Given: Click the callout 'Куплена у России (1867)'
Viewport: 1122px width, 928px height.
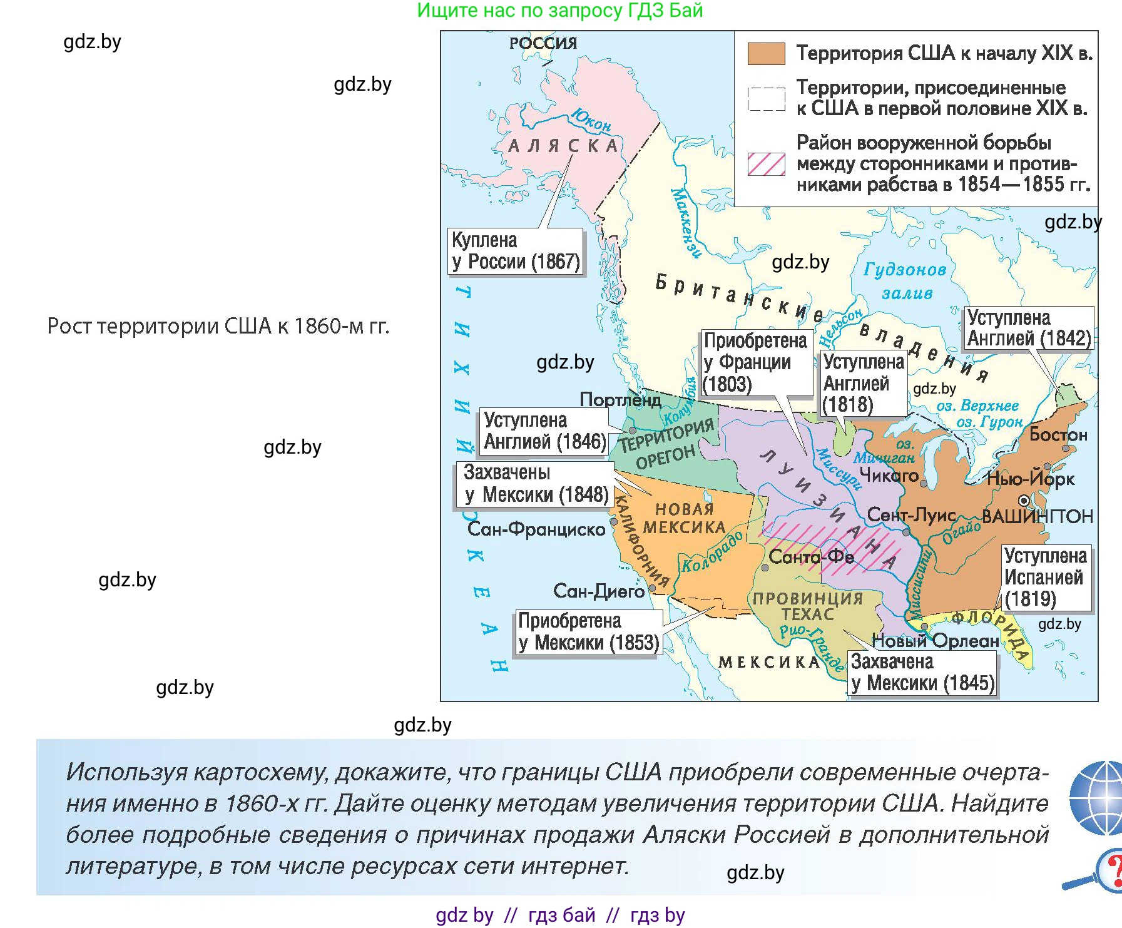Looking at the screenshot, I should point(516,251).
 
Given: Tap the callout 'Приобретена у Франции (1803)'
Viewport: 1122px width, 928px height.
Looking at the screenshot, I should point(756,362).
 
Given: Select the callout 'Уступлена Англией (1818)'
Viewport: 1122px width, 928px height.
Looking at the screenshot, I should point(863,383).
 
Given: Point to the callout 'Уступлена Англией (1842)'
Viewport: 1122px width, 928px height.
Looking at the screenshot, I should point(1029,328).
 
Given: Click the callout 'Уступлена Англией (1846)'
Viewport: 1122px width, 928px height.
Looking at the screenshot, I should point(544,431).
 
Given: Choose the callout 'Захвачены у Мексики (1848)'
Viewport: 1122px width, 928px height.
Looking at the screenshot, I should point(535,484).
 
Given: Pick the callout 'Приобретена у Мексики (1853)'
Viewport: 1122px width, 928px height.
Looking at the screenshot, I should point(588,632).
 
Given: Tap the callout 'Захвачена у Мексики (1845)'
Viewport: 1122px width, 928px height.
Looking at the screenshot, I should point(922,673).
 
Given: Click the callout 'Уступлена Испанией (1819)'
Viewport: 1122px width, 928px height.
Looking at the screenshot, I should point(1046,577).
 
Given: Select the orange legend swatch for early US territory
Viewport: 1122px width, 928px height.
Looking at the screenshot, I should point(766,54).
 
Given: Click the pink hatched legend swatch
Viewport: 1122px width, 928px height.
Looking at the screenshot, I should point(766,164).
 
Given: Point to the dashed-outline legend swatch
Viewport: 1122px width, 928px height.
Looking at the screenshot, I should point(766,99).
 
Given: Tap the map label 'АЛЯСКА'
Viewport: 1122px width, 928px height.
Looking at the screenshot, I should point(563,146).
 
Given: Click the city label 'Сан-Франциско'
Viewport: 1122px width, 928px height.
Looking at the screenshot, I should point(536,529).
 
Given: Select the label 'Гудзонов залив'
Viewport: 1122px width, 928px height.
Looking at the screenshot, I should point(905,281).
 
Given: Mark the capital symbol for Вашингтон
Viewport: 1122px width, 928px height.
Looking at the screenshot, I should point(1023,500).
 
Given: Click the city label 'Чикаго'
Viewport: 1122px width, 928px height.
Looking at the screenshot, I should point(889,476).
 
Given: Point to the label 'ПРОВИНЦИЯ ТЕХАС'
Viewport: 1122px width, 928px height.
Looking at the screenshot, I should point(807,606).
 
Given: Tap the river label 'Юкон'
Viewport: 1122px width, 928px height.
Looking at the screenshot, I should point(591,120).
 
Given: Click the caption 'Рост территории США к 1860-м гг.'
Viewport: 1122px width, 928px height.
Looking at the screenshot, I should point(218,326).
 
